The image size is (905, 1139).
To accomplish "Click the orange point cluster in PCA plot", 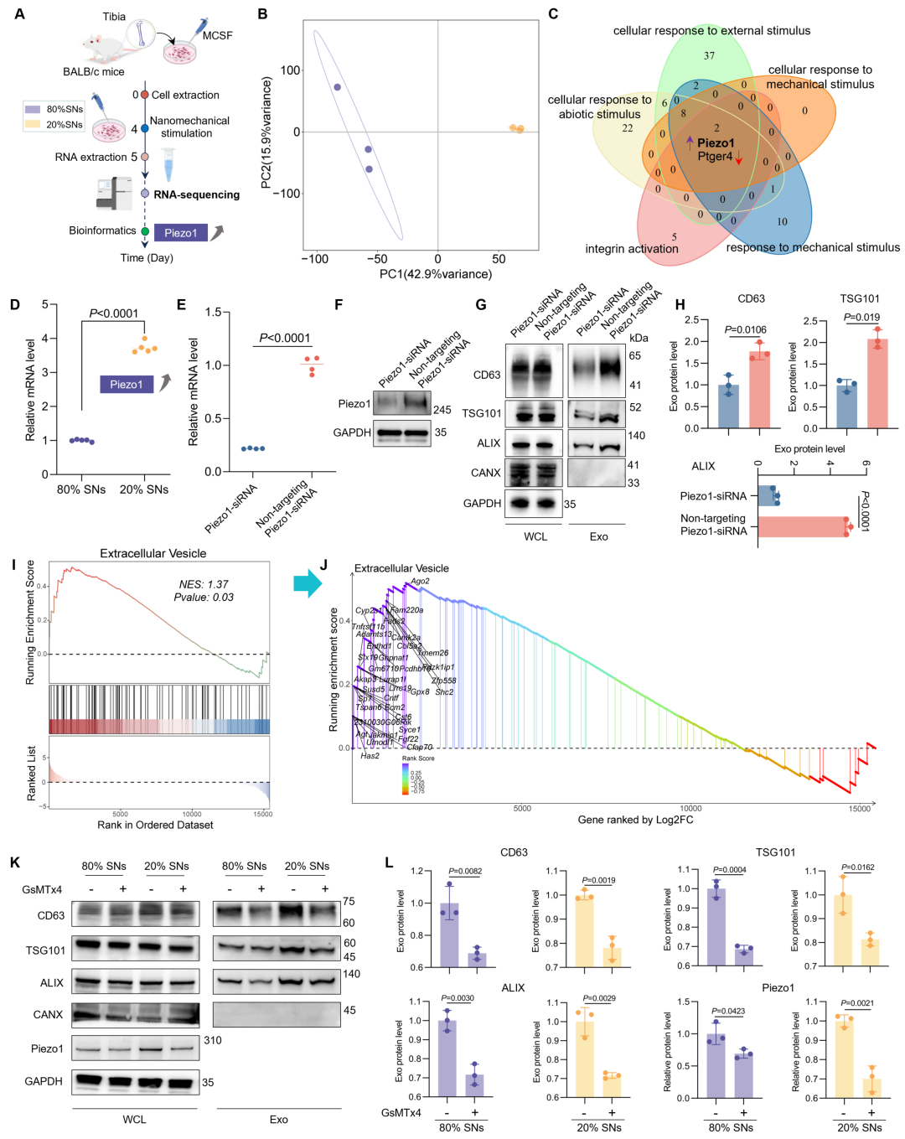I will tap(517, 129).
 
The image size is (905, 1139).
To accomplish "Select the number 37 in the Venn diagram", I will tap(709, 56).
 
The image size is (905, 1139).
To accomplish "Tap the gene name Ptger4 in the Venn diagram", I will tap(715, 157).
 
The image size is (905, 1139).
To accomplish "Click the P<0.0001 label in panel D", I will tap(114, 313).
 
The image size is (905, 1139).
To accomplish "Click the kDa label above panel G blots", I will tap(639, 338).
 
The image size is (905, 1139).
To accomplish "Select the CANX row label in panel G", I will tap(486, 473).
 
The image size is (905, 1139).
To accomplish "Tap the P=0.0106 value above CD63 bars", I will tap(745, 330).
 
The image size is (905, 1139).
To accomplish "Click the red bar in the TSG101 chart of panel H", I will tap(877, 384).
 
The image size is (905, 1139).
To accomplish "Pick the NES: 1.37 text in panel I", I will tap(204, 584).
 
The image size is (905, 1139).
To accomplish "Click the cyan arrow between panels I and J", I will tap(308, 583).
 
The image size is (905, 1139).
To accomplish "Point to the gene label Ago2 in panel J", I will tap(420, 581).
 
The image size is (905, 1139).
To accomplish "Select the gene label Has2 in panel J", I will tap(370, 756).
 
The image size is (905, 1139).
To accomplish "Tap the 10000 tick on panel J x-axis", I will tap(690, 809).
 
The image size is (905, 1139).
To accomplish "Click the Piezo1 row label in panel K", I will tap(47, 1048).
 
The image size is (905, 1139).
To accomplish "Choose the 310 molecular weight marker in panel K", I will tap(213, 1040).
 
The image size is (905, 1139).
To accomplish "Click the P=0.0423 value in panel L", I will tap(728, 1011).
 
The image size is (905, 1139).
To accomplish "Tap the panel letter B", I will tap(263, 14).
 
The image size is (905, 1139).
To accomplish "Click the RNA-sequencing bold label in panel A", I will tap(196, 194).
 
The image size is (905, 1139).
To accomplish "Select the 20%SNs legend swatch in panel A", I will tap(33, 124).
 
